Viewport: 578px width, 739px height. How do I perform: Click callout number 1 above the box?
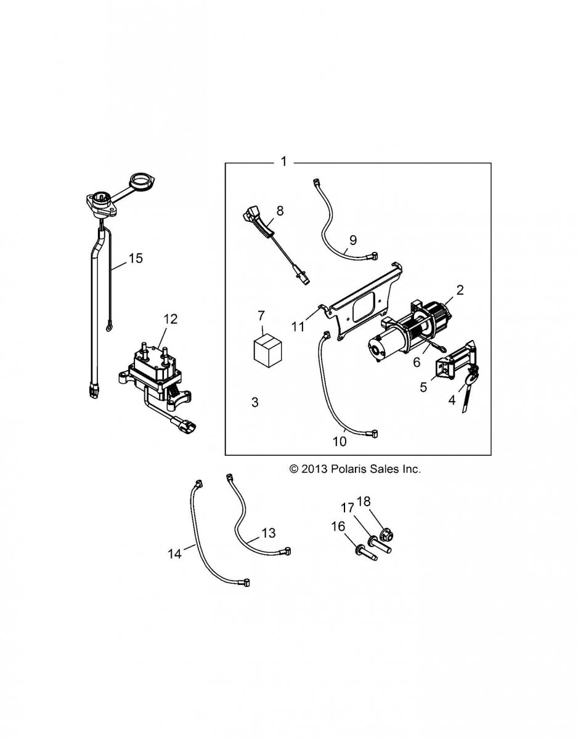click(x=283, y=162)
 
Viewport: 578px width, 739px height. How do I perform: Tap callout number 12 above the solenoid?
click(x=170, y=318)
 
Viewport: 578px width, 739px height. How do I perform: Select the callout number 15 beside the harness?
click(x=135, y=258)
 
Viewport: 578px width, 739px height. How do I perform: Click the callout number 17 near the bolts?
click(x=348, y=508)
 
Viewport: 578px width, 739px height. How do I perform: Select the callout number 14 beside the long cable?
click(x=175, y=554)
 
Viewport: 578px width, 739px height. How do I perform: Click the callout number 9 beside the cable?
click(x=353, y=241)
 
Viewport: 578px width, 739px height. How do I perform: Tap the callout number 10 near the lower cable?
click(x=340, y=441)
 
